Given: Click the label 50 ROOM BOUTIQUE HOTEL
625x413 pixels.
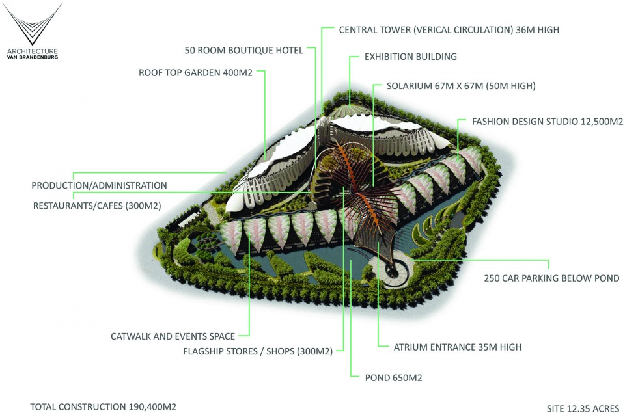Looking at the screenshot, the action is pyautogui.click(x=243, y=51).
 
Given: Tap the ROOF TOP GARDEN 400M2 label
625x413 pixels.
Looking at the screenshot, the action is pyautogui.click(x=195, y=73).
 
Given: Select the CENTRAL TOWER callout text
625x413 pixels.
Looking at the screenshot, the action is pyautogui.click(x=449, y=30).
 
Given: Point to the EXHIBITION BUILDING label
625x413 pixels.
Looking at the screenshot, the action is pyautogui.click(x=411, y=57).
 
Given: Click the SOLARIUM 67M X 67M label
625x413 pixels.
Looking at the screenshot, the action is pyautogui.click(x=461, y=86).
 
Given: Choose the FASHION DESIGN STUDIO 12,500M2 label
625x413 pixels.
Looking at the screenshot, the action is pyautogui.click(x=548, y=122).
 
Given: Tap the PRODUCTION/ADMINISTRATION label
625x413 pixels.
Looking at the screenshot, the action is pyautogui.click(x=99, y=185).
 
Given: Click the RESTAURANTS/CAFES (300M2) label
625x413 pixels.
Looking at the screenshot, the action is pyautogui.click(x=97, y=206).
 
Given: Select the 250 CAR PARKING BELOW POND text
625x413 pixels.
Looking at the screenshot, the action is pyautogui.click(x=551, y=278).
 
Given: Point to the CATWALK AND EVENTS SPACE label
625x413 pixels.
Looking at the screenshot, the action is pyautogui.click(x=173, y=336).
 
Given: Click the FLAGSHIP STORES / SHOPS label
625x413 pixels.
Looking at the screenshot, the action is pyautogui.click(x=258, y=351).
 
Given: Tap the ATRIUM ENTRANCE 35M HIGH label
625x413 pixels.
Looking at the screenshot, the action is pyautogui.click(x=458, y=347).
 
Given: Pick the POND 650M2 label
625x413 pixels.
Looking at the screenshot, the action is pyautogui.click(x=393, y=378).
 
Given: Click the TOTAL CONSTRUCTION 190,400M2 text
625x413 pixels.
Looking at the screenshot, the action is pyautogui.click(x=104, y=407).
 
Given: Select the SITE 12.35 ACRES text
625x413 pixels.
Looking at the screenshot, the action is pyautogui.click(x=583, y=408).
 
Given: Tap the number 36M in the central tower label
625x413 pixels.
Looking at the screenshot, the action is pyautogui.click(x=525, y=30).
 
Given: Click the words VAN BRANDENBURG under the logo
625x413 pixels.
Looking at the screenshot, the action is pyautogui.click(x=33, y=57).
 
